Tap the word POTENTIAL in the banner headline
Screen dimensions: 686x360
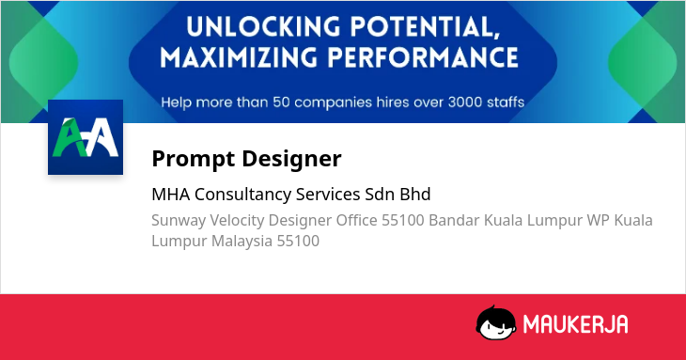pyautogui.click(x=425, y=28)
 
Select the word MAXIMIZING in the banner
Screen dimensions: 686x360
pyautogui.click(x=239, y=57)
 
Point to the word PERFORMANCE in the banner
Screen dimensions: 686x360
pyautogui.click(x=423, y=57)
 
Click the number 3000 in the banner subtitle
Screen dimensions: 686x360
pyautogui.click(x=464, y=102)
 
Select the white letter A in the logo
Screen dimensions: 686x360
pyautogui.click(x=101, y=137)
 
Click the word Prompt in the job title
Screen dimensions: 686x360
pyautogui.click(x=194, y=159)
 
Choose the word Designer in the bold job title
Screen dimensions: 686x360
pyautogui.click(x=292, y=158)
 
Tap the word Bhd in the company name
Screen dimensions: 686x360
pyautogui.click(x=415, y=194)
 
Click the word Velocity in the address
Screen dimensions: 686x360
pyautogui.click(x=237, y=221)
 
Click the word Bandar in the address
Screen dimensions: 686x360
pyautogui.click(x=454, y=220)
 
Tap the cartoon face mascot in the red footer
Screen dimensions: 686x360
pyautogui.click(x=495, y=323)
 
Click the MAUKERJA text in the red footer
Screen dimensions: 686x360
pyautogui.click(x=576, y=324)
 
